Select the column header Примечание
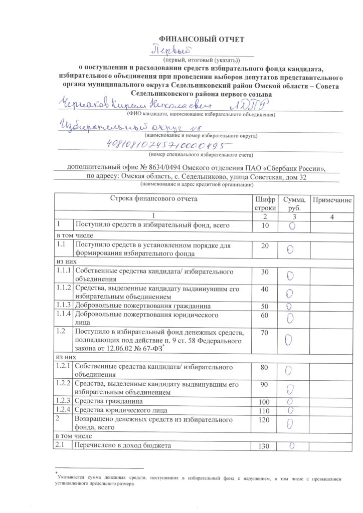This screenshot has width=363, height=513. coord(332,200)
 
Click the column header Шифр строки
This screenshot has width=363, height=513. coord(265,203)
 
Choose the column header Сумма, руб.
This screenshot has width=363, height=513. coord(294,203)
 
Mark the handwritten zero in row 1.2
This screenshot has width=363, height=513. coord(289,340)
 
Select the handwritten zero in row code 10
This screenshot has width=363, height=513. coord(292,226)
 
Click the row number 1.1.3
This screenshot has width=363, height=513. coord(64,305)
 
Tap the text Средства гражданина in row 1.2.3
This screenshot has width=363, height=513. coord(108,401)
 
